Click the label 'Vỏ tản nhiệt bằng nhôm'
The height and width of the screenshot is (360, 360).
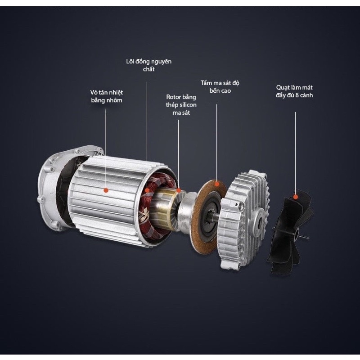[x=106, y=96]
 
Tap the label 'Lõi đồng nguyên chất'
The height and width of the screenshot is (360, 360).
[x=149, y=65]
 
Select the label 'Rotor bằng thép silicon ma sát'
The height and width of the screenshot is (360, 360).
[x=181, y=105]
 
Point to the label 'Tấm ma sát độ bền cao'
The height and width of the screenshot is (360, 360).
[x=220, y=87]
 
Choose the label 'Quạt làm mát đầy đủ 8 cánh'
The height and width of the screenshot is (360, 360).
[x=294, y=91]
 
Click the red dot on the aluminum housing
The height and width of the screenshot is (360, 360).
[x=106, y=190]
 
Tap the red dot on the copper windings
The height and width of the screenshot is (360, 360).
[x=147, y=190]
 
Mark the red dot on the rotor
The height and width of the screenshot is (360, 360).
[x=178, y=190]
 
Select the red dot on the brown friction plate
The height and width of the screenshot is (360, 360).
[x=216, y=184]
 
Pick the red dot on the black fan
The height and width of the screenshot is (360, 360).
[x=296, y=197]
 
